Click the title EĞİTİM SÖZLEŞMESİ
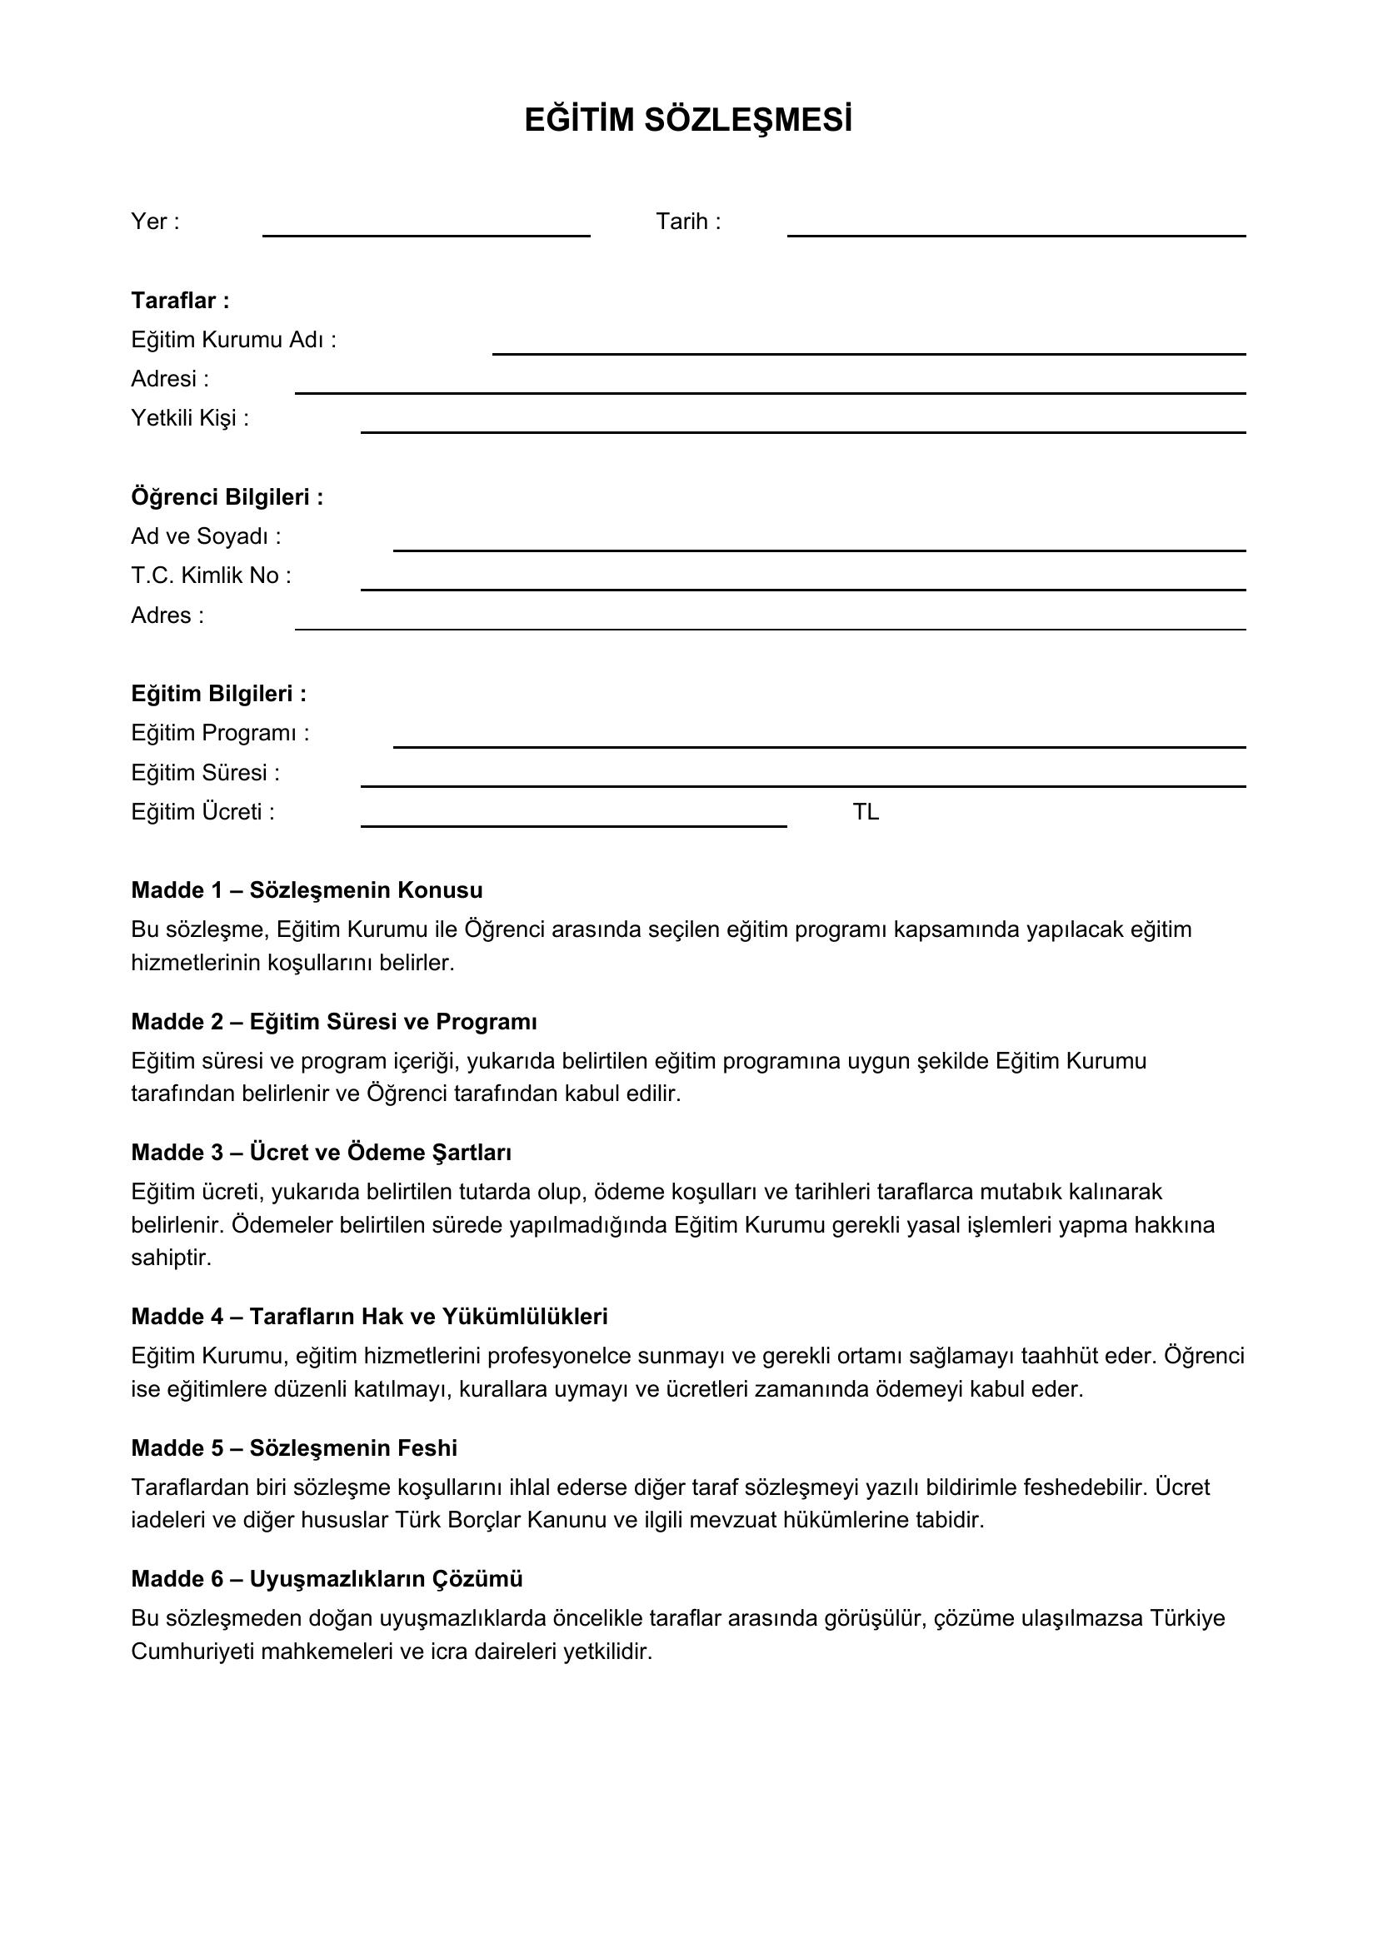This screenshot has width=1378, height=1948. tap(688, 121)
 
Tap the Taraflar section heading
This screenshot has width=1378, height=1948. tap(180, 301)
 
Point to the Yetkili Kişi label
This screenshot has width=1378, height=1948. tap(190, 418)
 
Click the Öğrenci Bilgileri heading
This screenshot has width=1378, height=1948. tap(227, 497)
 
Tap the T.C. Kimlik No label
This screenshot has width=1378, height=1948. tap(211, 576)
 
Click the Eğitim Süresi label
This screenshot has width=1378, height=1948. tap(204, 773)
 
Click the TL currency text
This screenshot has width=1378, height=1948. tap(866, 813)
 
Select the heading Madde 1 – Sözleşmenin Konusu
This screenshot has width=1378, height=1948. tap(307, 890)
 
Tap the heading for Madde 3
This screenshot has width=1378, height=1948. tap(321, 1152)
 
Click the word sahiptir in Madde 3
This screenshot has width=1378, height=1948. tap(171, 1258)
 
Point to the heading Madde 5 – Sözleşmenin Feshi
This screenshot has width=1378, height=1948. tap(293, 1447)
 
